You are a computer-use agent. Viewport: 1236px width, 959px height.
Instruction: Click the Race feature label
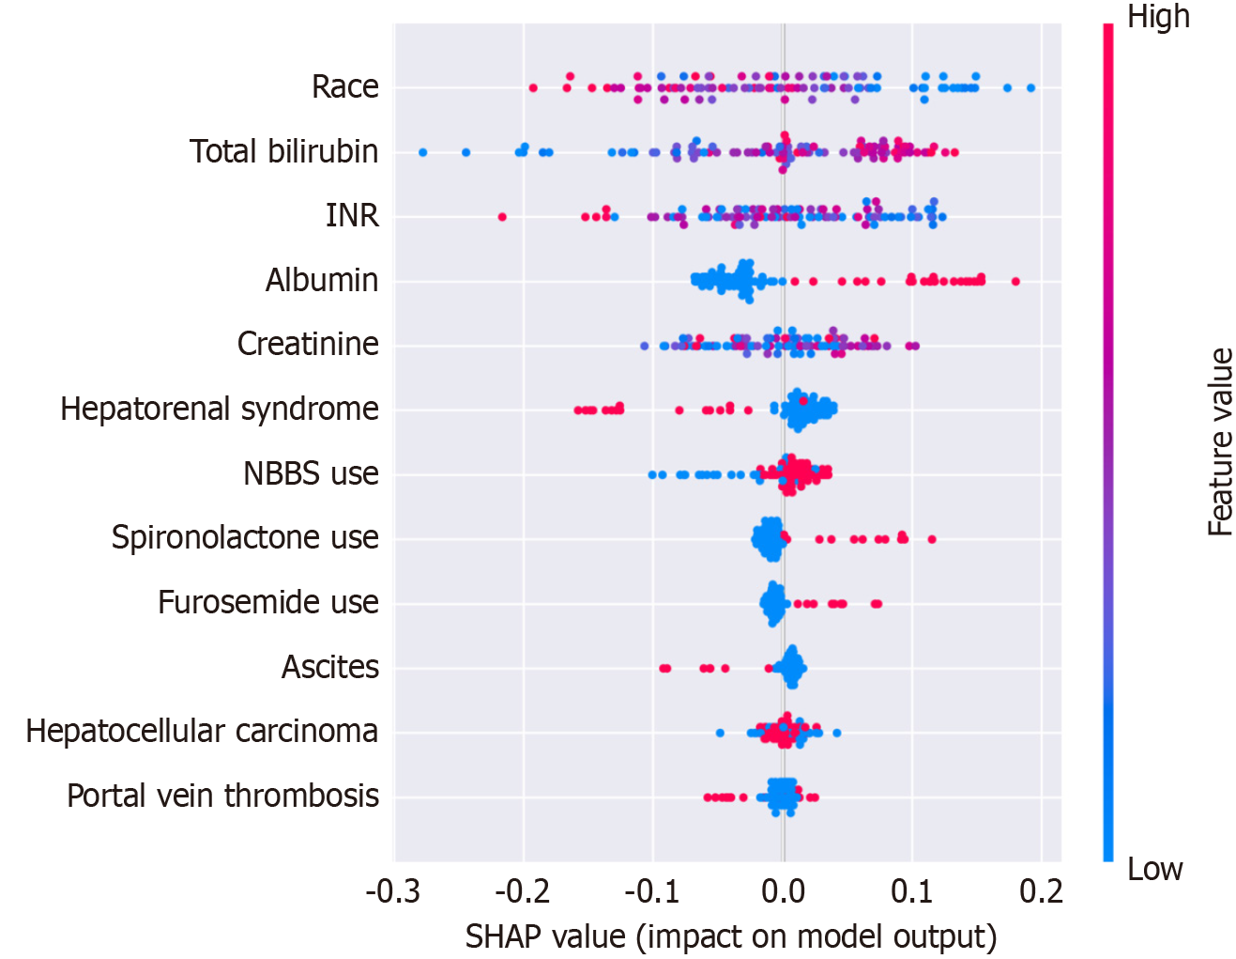tap(344, 86)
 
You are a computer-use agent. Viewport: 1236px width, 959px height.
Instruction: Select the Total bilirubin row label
tap(283, 151)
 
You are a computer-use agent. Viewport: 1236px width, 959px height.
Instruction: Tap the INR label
tap(352, 215)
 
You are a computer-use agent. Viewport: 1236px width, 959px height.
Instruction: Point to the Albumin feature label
tap(322, 280)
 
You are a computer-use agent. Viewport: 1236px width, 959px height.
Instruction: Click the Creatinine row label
tap(308, 344)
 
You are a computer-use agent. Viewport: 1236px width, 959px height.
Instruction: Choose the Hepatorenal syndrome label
tap(220, 409)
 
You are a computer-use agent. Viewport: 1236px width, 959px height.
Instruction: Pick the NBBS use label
tap(311, 473)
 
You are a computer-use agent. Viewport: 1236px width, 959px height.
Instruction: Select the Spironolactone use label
tap(245, 537)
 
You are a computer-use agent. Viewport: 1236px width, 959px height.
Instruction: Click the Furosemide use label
tap(267, 602)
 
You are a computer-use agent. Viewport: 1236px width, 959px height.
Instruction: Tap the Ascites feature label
tap(330, 667)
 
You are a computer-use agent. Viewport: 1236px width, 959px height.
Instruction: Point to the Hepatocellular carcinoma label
tap(202, 731)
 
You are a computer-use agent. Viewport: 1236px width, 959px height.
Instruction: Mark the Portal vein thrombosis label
tap(222, 796)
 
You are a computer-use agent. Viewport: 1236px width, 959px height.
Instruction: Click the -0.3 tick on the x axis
tap(392, 890)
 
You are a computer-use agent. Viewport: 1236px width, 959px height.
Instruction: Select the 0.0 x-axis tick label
tap(783, 890)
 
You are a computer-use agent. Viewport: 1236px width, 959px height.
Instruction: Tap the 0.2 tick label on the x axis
tap(1042, 890)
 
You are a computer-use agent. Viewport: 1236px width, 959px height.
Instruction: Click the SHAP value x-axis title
tap(730, 936)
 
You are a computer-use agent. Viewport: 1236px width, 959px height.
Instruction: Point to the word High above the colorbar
tap(1158, 17)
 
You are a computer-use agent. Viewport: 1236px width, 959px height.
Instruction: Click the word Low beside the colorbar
tap(1154, 869)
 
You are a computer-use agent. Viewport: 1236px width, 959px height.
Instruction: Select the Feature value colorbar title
tap(1220, 441)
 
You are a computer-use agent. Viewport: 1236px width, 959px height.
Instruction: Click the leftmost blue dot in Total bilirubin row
tap(422, 152)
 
